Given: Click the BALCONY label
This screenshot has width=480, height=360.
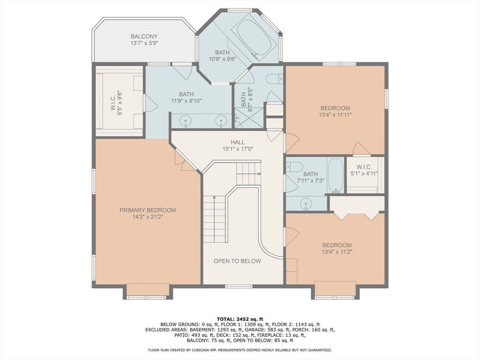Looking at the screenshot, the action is pos(144,37).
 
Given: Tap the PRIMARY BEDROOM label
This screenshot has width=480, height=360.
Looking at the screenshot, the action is pos(148,210).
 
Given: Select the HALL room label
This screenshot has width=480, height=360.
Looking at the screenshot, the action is pos(238,142).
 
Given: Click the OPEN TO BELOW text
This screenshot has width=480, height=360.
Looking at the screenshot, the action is pos(237,261).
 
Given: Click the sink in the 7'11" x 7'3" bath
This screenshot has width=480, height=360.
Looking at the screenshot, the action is pos(306,203).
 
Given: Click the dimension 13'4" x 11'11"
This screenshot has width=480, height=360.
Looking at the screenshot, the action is pos(335,115).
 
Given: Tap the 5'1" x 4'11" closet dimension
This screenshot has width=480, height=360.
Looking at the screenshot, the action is pos(364,173).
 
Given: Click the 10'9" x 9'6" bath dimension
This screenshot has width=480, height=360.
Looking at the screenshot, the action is pos(222,59).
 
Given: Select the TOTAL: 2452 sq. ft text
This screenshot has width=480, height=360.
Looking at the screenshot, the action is pos(240,319).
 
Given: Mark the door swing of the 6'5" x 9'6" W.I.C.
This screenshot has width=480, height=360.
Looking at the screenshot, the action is pos(150,103).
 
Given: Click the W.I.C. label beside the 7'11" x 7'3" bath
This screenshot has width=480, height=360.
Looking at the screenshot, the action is pos(364,167).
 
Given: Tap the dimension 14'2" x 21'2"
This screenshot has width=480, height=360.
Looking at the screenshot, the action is pos(148,217).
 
